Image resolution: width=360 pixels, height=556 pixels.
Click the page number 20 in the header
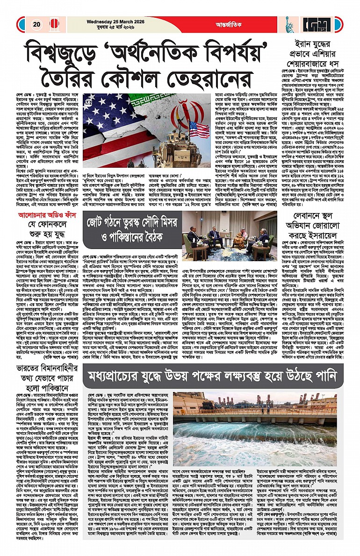pyautogui.click(x=36, y=25)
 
